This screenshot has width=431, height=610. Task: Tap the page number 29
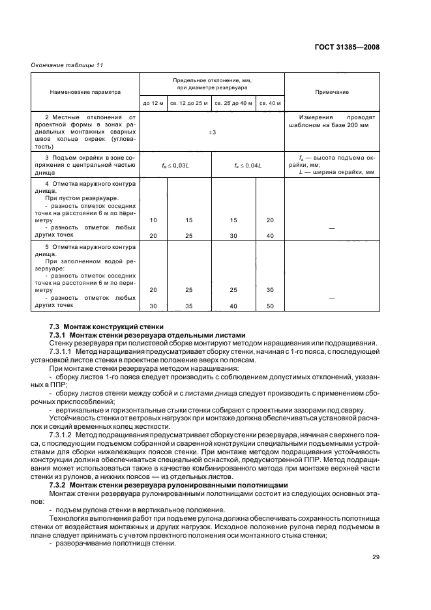(x=375, y=557)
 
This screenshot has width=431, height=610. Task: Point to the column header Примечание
(x=331, y=92)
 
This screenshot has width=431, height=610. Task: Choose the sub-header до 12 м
(x=153, y=103)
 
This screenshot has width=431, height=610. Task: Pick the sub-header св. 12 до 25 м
(x=189, y=103)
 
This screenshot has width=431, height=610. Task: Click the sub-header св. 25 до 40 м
(x=233, y=103)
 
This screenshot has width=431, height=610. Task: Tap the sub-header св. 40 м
(x=269, y=103)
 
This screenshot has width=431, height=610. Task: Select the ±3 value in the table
(x=212, y=132)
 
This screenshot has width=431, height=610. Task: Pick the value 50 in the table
(x=270, y=305)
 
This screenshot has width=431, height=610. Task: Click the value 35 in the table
(x=189, y=305)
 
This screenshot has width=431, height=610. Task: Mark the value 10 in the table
(x=153, y=220)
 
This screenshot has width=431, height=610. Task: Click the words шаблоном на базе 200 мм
(x=330, y=126)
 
